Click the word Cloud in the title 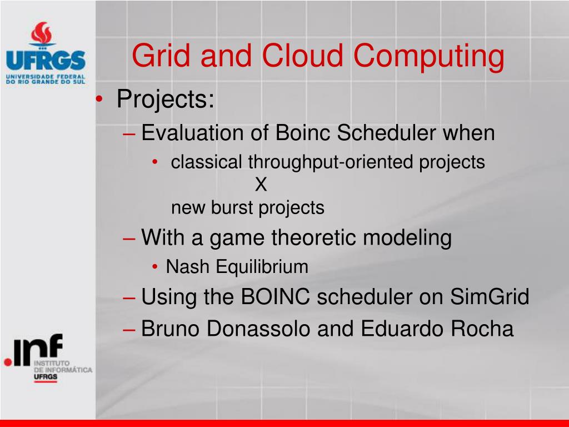point(302,56)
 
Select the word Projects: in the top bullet point(166,99)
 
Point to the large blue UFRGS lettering point(46,60)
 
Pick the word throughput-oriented point(330,162)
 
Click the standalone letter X point(261,185)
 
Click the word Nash point(188,267)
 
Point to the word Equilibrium point(262,267)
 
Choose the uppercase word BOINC point(276,297)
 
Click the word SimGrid point(490,297)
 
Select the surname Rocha point(482,329)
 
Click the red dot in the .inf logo point(8,362)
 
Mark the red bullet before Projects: point(99,99)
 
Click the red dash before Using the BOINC point(129,299)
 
